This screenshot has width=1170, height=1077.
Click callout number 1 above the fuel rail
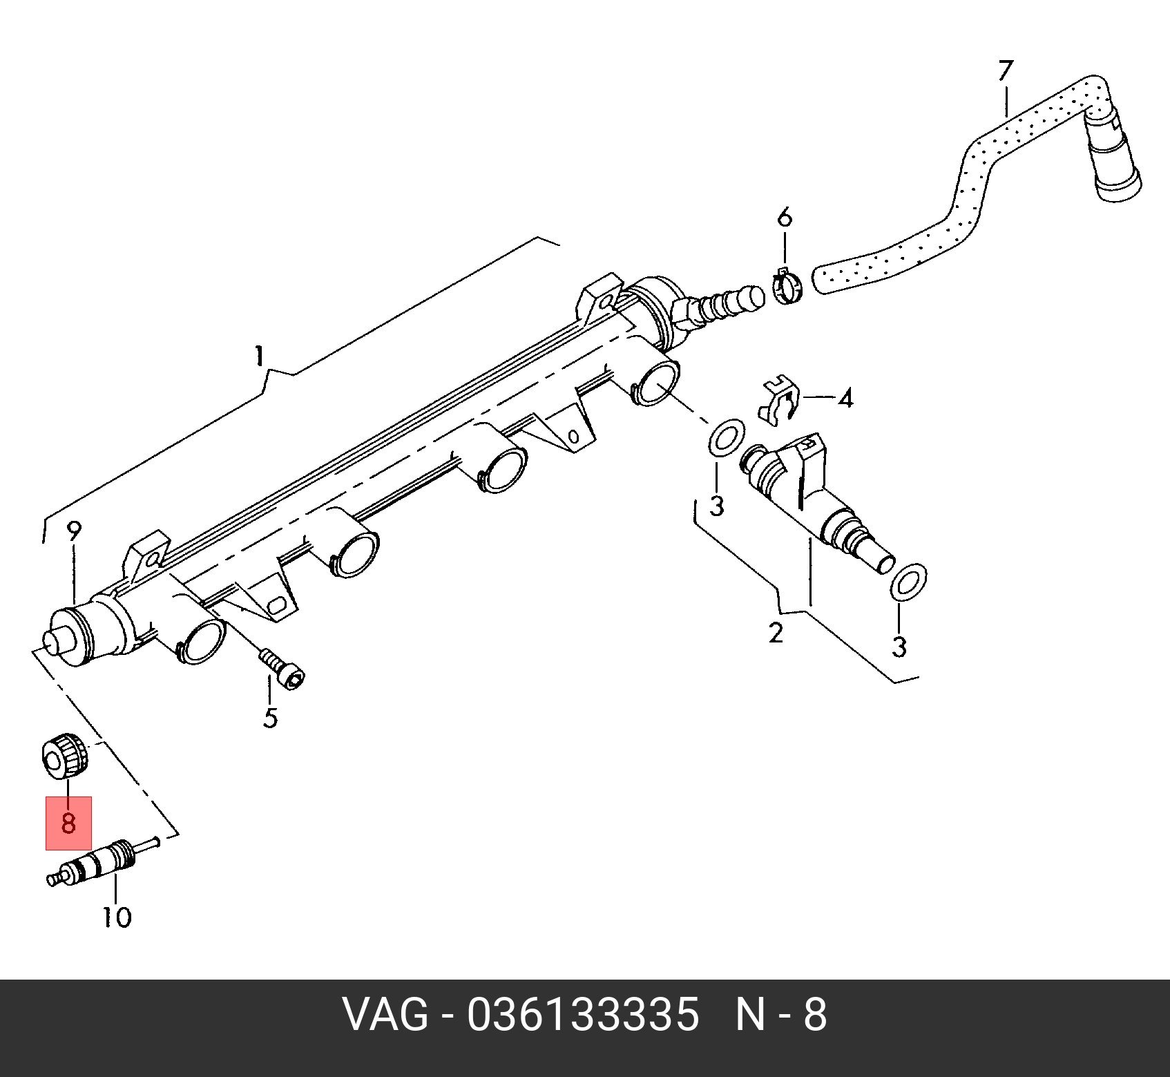(x=259, y=356)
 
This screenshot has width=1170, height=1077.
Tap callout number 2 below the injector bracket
(x=776, y=633)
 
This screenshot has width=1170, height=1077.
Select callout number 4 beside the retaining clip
(x=846, y=399)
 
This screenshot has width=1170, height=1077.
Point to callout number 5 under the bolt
(x=270, y=718)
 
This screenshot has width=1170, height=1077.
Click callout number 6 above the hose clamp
(x=785, y=218)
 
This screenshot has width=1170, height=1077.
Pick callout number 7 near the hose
(x=1005, y=70)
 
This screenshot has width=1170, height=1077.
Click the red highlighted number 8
(x=68, y=823)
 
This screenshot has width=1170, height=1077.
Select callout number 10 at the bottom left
(x=117, y=917)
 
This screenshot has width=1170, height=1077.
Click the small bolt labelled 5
(x=283, y=669)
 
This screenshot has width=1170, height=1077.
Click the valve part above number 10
(x=97, y=863)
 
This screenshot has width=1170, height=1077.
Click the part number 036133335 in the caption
(x=583, y=1016)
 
